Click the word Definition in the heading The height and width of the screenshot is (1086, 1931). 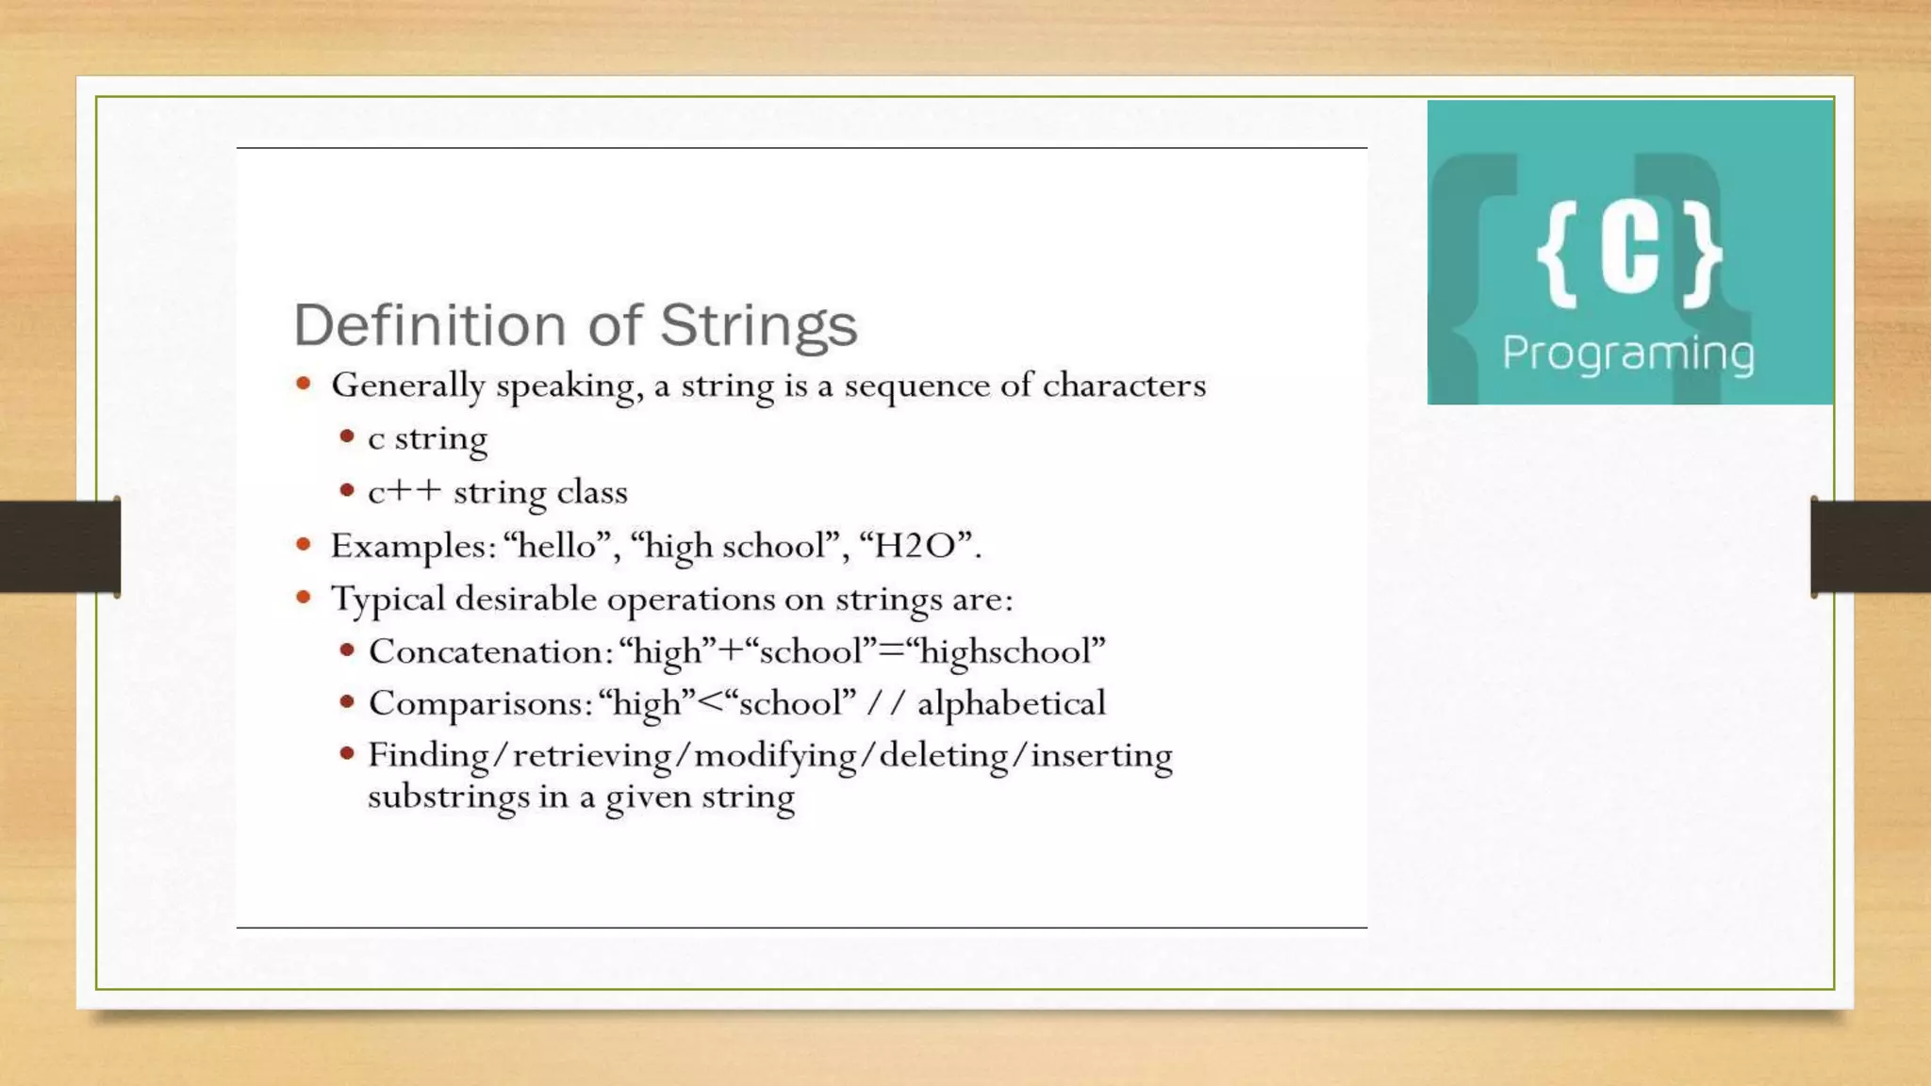(x=429, y=325)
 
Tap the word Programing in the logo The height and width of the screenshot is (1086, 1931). (x=1627, y=354)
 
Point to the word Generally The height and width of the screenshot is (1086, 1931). (x=408, y=387)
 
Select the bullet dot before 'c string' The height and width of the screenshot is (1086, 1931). (x=348, y=436)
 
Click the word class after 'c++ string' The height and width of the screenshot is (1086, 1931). (x=592, y=492)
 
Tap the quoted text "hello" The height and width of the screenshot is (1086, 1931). (x=557, y=546)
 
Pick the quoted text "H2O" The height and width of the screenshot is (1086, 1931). (x=916, y=546)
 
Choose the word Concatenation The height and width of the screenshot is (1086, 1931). (x=486, y=651)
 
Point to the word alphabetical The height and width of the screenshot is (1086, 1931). (x=1011, y=703)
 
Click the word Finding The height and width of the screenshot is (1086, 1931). (x=428, y=755)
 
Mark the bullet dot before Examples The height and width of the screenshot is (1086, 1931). (x=304, y=544)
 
